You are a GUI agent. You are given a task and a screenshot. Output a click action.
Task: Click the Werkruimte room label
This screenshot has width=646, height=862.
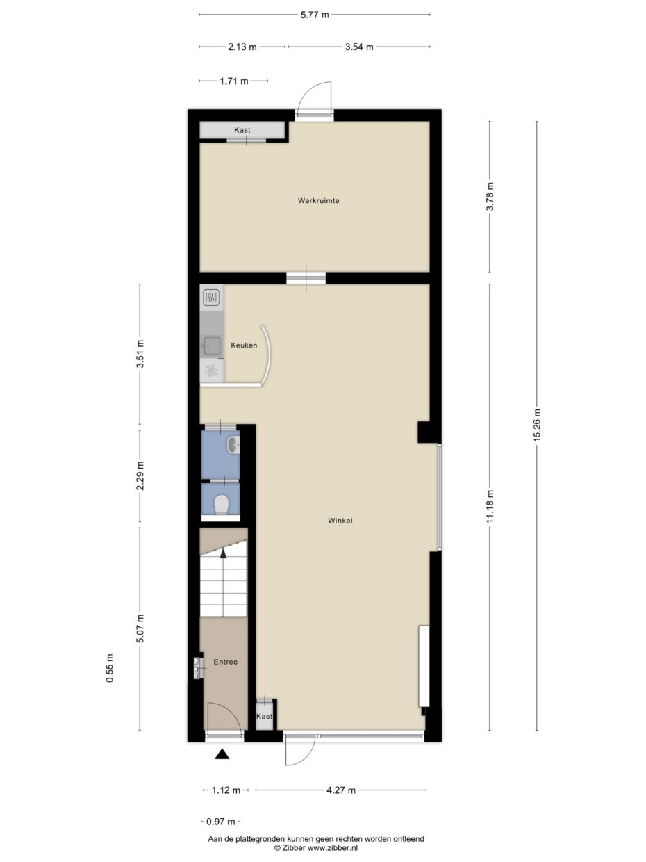318,200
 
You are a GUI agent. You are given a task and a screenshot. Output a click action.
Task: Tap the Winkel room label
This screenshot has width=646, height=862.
341,519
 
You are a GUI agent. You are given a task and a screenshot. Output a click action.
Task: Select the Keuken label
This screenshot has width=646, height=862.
245,345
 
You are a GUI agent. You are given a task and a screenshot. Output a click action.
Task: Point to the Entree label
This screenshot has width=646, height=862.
226,662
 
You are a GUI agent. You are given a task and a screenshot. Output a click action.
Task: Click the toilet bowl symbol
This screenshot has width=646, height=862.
222,504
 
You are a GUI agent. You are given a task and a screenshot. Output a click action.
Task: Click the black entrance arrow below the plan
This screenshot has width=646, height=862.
222,754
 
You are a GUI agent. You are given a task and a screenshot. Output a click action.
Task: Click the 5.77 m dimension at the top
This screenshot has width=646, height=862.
315,14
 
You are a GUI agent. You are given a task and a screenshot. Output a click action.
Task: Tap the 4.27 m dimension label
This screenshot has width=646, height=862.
341,790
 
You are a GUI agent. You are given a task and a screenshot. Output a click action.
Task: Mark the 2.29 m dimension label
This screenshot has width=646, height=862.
140,476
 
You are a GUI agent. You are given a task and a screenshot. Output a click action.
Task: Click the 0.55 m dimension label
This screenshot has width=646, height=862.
110,669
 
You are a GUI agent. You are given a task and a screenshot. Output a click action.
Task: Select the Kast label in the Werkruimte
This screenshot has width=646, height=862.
242,130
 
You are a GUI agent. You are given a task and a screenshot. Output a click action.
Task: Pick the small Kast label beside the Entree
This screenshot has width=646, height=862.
265,716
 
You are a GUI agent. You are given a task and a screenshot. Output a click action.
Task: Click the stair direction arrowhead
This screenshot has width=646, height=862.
223,553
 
